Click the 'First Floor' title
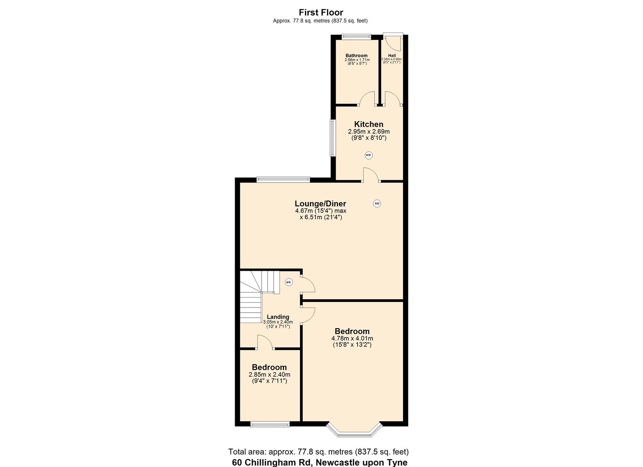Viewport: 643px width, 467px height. tap(321, 13)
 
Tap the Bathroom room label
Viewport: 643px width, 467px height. tap(356, 55)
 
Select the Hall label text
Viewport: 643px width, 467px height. tap(391, 55)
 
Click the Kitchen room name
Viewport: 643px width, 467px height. tap(368, 124)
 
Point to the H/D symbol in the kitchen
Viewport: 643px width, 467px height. tap(368, 155)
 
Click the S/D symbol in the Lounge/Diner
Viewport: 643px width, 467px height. tap(377, 203)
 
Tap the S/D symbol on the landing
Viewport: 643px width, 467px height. tap(289, 282)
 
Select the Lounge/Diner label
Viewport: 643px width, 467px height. tap(320, 204)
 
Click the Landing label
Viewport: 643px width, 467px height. tap(278, 317)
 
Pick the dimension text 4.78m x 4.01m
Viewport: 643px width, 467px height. tap(352, 339)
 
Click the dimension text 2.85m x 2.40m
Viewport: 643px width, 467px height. tap(269, 374)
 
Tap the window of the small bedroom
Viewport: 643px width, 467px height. tap(270, 424)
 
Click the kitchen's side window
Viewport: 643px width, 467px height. tap(333, 138)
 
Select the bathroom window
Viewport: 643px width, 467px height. tap(356, 37)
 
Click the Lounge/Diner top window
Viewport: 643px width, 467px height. tap(283, 179)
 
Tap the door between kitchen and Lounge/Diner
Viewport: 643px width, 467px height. tap(371, 175)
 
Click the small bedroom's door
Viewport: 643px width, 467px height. tap(265, 342)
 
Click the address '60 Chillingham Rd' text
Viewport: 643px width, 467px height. tap(272, 462)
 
